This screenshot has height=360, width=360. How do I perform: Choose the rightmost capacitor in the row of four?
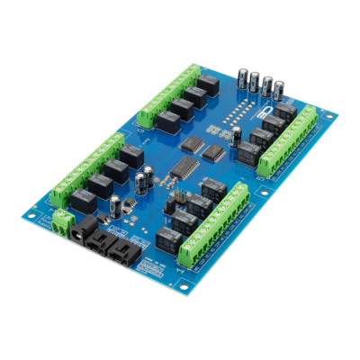[279, 90]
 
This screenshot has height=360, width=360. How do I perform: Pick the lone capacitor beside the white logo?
[236, 135]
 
